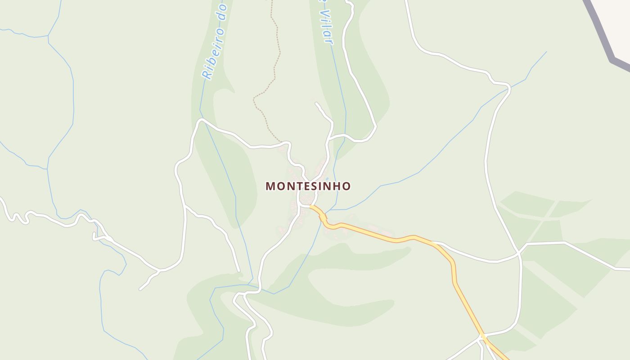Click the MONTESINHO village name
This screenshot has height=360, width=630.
click(308, 186)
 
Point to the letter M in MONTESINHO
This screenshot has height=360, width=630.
click(270, 186)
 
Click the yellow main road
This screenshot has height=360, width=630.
click(382, 235)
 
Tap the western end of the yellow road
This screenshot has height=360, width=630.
click(311, 207)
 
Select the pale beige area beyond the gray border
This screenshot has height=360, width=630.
click(616, 22)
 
